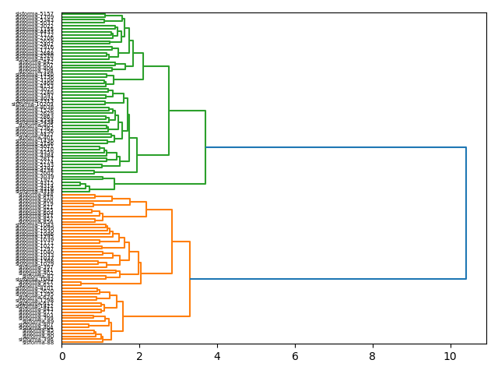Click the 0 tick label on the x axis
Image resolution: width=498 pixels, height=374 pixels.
62,356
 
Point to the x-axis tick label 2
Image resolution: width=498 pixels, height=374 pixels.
139,356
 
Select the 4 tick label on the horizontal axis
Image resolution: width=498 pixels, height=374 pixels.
217,356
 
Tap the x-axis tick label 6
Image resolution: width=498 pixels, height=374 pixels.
295,356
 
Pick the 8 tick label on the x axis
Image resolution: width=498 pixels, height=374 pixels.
372,356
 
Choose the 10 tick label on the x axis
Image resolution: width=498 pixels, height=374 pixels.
450,356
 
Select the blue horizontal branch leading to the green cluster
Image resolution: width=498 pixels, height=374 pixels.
335,147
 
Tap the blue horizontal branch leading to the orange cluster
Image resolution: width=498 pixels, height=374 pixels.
328,278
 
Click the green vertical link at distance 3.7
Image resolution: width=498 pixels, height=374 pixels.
205,147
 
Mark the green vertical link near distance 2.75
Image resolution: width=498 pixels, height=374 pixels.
169,111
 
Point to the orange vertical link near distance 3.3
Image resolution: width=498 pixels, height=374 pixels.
190,278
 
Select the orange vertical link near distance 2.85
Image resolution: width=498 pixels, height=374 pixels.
172,242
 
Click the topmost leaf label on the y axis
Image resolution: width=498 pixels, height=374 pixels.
35,14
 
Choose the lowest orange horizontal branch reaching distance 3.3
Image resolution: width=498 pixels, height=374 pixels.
156,316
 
